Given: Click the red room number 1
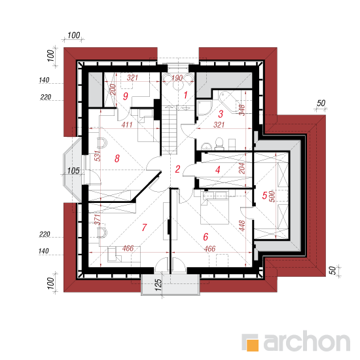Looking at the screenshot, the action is (185, 95).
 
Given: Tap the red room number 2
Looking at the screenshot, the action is (177, 170).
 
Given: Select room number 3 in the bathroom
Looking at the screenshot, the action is (221, 114).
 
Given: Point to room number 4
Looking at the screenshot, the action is (218, 170).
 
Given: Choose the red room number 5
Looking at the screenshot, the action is (264, 196).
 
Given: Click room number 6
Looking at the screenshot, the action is (206, 237).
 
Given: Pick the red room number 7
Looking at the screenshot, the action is (144, 227).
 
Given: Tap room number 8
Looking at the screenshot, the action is (117, 158).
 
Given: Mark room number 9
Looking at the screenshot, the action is (126, 96).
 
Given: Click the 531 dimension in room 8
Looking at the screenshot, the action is (98, 156).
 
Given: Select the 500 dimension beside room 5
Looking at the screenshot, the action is (272, 196).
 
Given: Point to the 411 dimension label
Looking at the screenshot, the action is (127, 124).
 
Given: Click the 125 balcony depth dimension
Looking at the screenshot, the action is (158, 285).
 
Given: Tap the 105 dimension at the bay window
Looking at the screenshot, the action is (73, 171).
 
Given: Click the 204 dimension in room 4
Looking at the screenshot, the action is (242, 168).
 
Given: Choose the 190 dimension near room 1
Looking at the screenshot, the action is (177, 78).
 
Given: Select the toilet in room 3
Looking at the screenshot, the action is (219, 142).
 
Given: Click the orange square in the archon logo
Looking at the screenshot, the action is (253, 345).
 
